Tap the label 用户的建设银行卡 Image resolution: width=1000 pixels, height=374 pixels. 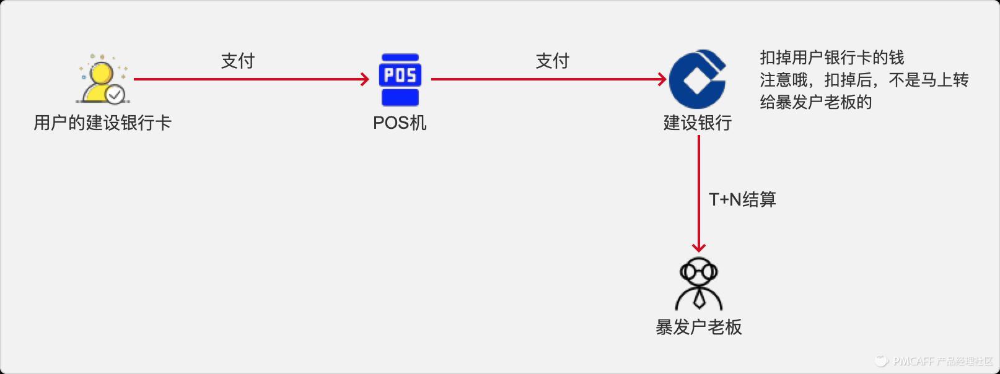tap(102, 123)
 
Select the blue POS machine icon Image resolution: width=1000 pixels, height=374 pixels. tap(400, 79)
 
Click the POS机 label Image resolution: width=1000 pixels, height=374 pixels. tap(400, 123)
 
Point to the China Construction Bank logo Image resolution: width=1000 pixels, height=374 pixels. tap(698, 79)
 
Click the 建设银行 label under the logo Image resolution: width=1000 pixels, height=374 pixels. tap(698, 123)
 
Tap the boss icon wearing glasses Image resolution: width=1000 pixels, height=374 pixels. tap(699, 284)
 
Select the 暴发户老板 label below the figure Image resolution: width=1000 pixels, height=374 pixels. tap(699, 327)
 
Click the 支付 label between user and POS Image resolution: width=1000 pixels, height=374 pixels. tap(238, 61)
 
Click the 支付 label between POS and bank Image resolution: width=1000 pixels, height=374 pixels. tap(552, 61)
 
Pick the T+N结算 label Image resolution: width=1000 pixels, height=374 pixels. tap(742, 199)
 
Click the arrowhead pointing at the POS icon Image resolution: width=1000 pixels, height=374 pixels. tap(366, 79)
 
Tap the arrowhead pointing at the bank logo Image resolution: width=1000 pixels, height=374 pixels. tap(662, 79)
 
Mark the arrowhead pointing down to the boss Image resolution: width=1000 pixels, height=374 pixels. tap(699, 248)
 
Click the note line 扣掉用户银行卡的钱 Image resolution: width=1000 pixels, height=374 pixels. tap(832, 58)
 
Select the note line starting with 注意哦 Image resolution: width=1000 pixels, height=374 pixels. tap(864, 80)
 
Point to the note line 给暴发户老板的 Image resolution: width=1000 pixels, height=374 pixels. tap(816, 102)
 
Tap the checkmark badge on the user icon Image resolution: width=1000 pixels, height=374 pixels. tap(115, 95)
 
